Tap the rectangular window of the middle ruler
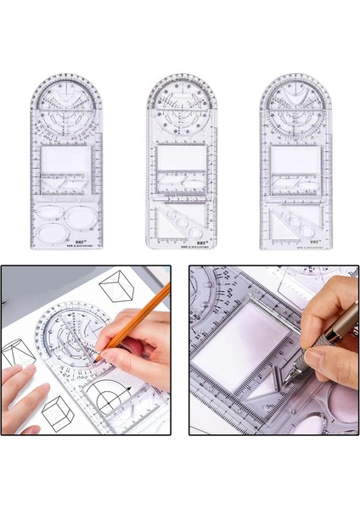tap(180, 159)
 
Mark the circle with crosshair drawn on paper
tap(111, 404)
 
